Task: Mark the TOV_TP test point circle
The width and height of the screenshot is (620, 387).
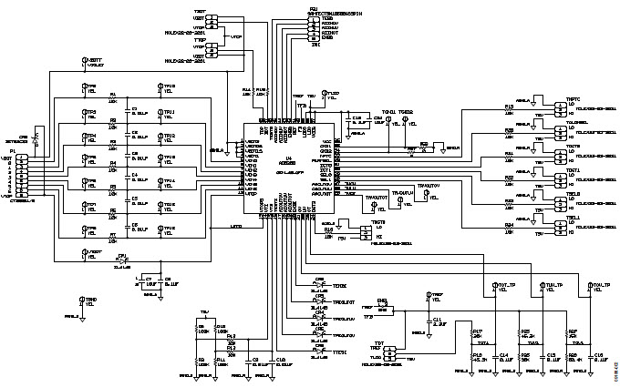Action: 590,287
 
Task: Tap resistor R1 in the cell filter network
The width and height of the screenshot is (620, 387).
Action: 113,97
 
